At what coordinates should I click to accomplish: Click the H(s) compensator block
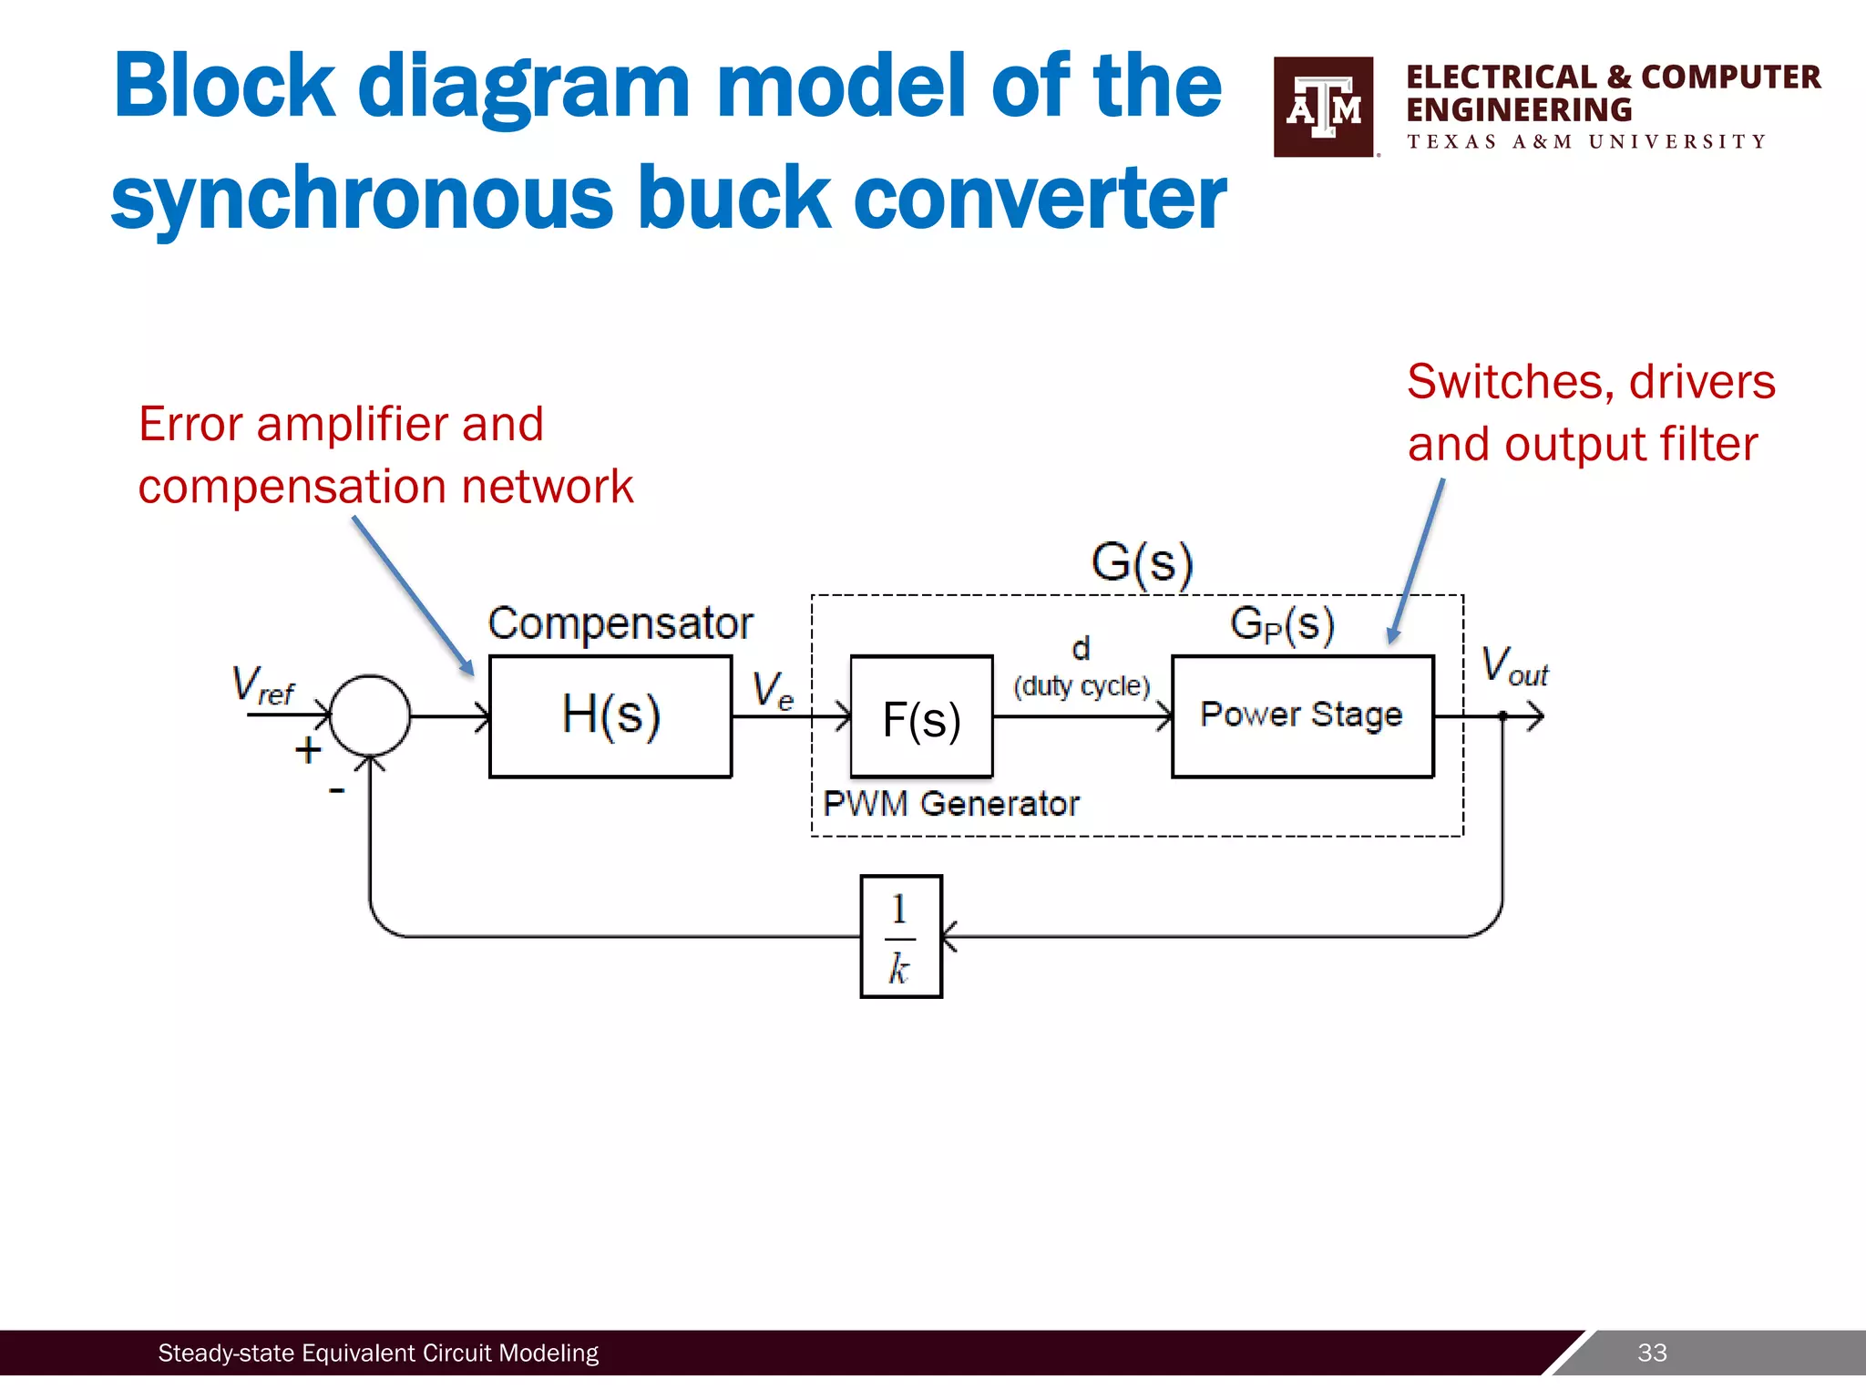pos(610,715)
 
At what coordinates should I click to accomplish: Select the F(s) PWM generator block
pos(921,717)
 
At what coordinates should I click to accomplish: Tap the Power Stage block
pos(1302,715)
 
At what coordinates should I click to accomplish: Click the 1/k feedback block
pos(901,937)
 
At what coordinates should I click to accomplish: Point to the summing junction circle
pos(370,715)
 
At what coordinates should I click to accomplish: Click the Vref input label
pos(262,685)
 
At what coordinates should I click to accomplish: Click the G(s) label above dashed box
pos(1142,562)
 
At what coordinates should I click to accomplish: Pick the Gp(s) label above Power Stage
pos(1282,625)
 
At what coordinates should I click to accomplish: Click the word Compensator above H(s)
pos(620,624)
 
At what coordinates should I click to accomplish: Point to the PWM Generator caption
pos(950,804)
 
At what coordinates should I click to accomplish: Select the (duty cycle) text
pos(1082,685)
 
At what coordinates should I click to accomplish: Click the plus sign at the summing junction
pos(308,750)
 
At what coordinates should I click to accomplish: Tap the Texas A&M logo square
pos(1323,107)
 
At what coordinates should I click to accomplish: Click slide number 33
pos(1652,1353)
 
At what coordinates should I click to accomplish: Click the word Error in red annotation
pos(190,425)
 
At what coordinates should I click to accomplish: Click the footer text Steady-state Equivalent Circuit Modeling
pos(378,1353)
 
